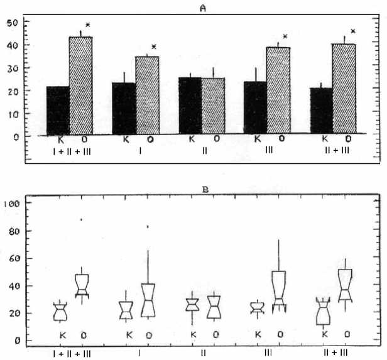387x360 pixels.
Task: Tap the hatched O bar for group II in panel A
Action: tap(214, 106)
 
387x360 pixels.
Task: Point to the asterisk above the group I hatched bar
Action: tap(153, 48)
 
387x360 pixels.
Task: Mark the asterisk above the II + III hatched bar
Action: tap(353, 31)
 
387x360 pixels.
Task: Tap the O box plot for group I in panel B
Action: tap(148, 300)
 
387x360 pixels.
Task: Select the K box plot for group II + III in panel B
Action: tap(324, 311)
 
